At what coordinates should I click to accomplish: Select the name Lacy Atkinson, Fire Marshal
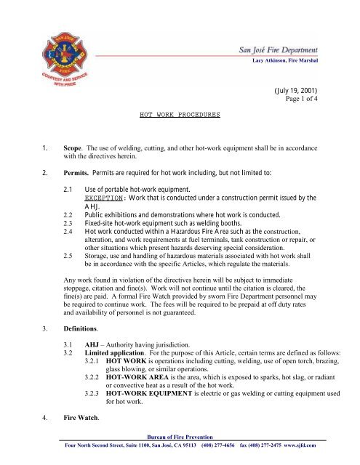(x=293, y=62)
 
